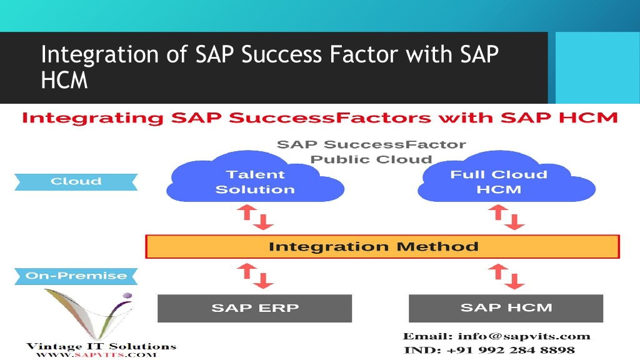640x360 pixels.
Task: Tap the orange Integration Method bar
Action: coord(382,246)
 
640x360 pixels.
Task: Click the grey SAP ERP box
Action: coord(255,308)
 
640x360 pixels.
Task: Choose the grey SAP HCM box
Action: coord(506,308)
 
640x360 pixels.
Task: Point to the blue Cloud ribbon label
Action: coord(76,182)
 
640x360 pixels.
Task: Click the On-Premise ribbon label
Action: coord(76,276)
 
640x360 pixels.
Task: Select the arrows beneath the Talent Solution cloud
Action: coord(255,217)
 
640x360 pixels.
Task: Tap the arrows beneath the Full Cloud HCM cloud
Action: coord(506,217)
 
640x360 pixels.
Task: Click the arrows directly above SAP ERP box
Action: coord(255,276)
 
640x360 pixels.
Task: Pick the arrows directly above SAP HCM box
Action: coord(506,276)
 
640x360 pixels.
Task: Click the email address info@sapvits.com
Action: coord(524,336)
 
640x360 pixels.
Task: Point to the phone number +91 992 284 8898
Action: coord(511,350)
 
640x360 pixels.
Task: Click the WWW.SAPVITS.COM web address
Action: coord(96,355)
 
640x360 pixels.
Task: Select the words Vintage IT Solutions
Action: coord(101,346)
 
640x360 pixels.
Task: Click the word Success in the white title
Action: coord(282,54)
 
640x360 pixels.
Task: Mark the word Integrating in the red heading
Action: coord(92,118)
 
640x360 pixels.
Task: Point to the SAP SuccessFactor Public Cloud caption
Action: coord(371,151)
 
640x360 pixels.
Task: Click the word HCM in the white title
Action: coord(64,80)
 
